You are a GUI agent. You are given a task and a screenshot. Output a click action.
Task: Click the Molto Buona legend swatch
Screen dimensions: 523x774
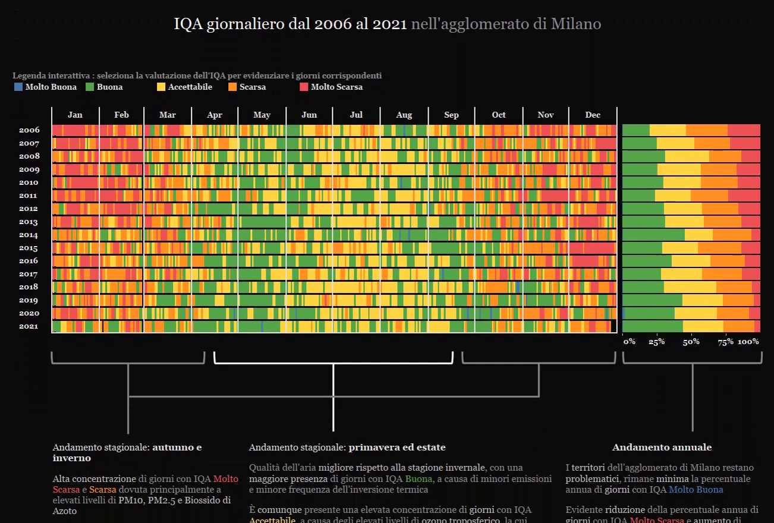click(18, 87)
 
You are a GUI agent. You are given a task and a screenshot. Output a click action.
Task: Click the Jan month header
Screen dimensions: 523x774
click(75, 115)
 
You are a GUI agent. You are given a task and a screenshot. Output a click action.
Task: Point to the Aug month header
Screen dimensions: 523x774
click(404, 115)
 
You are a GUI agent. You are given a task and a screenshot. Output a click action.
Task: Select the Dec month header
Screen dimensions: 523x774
click(593, 115)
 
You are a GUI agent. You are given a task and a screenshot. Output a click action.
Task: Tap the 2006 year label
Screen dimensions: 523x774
click(29, 130)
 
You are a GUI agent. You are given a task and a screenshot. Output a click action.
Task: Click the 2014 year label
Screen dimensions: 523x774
click(29, 235)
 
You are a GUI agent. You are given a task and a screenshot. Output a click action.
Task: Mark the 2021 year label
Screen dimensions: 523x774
click(29, 326)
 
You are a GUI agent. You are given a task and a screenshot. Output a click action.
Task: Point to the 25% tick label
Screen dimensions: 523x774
click(656, 342)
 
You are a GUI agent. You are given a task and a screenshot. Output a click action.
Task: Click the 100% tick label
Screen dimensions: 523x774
click(748, 342)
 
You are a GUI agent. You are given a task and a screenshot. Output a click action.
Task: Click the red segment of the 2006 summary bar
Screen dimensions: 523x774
click(744, 130)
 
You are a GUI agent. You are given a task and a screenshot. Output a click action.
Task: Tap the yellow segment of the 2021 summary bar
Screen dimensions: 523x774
click(703, 326)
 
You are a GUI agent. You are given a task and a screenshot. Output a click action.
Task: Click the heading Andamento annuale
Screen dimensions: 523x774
click(662, 448)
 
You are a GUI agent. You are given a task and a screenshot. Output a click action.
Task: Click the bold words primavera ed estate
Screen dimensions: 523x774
click(397, 448)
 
